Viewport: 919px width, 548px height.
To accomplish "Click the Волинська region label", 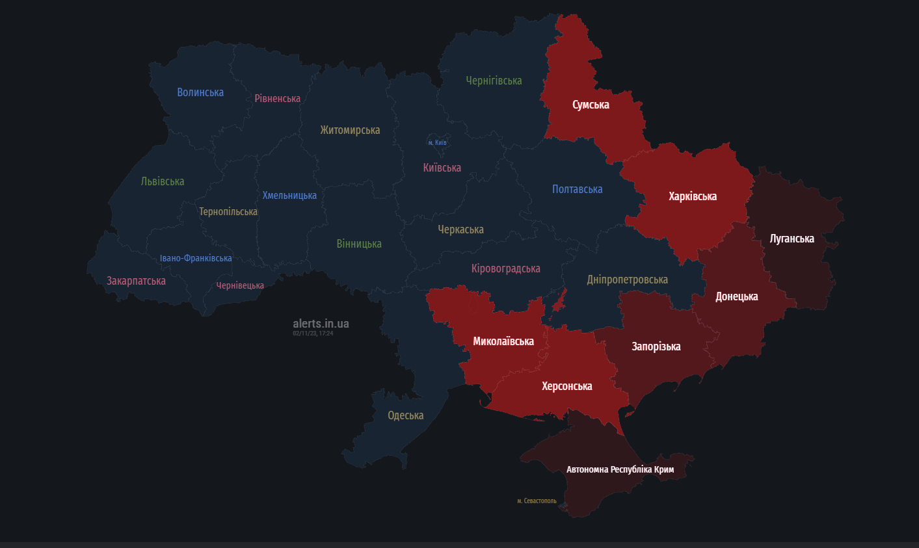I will pos(200,92).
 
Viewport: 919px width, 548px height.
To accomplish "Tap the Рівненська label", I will pos(278,99).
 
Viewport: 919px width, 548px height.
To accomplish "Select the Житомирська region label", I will pos(350,130).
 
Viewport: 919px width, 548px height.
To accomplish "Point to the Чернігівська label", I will pos(494,81).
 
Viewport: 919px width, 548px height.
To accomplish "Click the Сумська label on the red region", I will pos(591,105).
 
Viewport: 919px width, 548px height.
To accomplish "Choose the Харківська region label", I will pos(693,196).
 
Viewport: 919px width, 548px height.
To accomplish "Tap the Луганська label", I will pos(792,239).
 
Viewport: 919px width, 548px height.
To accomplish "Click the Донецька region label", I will pos(737,296).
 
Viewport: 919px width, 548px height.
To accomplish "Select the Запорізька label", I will pos(656,346).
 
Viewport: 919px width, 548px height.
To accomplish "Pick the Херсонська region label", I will pos(567,386).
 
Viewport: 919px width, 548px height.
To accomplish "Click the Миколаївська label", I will pos(503,341).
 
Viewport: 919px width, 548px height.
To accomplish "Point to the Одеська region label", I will pos(405,415).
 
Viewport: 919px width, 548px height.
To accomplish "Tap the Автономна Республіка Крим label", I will pos(620,469).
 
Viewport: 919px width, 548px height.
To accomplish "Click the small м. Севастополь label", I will pos(537,501).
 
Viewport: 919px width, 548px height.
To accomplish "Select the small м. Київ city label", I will pos(437,142).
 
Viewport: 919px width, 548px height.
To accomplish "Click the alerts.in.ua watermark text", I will pos(321,323).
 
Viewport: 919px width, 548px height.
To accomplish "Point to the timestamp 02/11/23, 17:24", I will pos(313,333).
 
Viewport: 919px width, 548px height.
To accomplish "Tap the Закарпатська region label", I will pos(136,281).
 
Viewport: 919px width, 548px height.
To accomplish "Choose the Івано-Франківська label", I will pos(196,258).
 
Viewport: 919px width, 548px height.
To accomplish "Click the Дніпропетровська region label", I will pos(627,280).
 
